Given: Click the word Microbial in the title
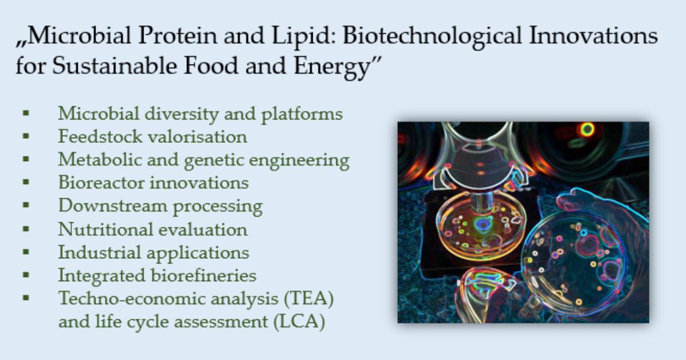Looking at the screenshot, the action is pyautogui.click(x=79, y=35).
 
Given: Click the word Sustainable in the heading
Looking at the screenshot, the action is pyautogui.click(x=114, y=66).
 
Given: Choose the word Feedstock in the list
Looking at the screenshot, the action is pyautogui.click(x=100, y=137).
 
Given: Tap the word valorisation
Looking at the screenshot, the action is pyautogui.click(x=198, y=137).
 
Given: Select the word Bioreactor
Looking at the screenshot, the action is pyautogui.click(x=101, y=183).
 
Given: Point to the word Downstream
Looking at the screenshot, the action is pyautogui.click(x=113, y=206).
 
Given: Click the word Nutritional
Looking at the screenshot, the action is pyautogui.click(x=105, y=229).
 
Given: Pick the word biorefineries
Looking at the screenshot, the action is pyautogui.click(x=204, y=275).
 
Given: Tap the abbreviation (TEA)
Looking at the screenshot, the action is pyautogui.click(x=309, y=299).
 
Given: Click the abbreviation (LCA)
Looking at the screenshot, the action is pyautogui.click(x=299, y=322).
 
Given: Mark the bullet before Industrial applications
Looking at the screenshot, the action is pyautogui.click(x=26, y=251).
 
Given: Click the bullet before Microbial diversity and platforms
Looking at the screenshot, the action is pyautogui.click(x=26, y=113).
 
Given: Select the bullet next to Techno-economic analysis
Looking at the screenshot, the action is pyautogui.click(x=26, y=298).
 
